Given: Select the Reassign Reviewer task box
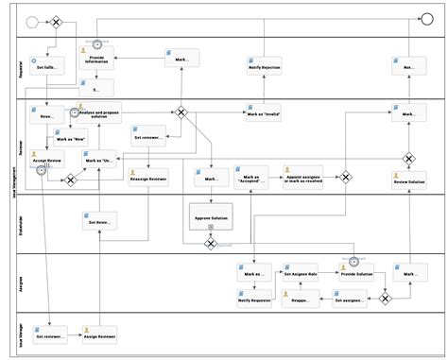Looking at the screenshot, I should tap(148, 177).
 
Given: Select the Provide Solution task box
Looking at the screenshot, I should tap(356, 273).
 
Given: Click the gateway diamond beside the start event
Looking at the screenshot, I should tap(55, 21).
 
